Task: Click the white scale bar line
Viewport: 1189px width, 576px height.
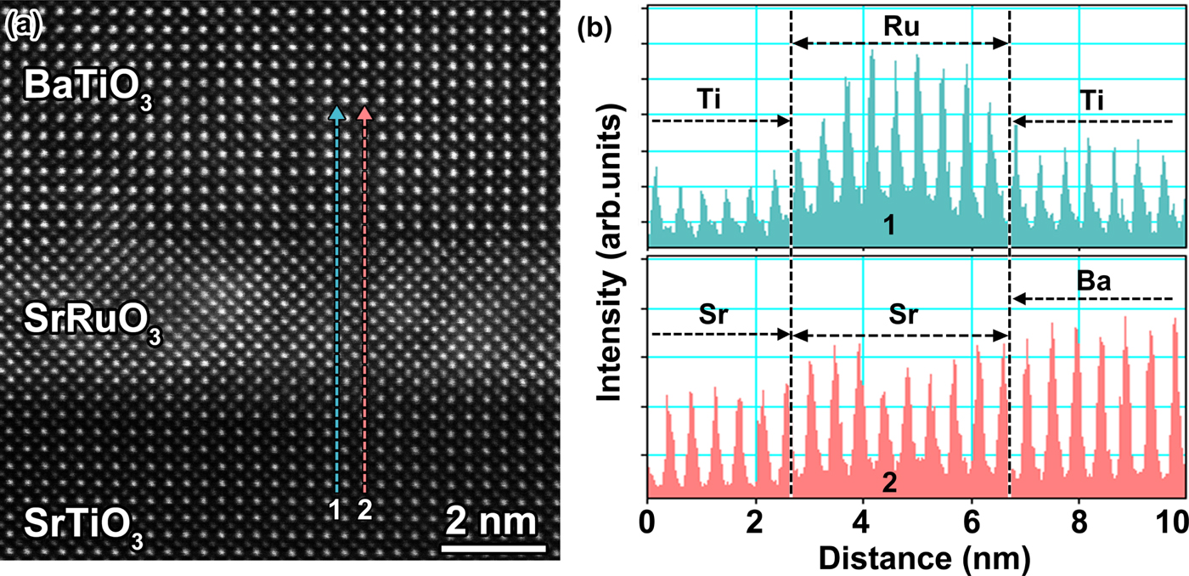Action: (x=493, y=548)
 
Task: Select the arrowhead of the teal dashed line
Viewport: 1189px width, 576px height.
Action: (x=337, y=112)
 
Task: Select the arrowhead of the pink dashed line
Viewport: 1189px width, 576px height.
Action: (x=365, y=112)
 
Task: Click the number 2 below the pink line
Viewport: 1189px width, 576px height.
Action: (x=365, y=511)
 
